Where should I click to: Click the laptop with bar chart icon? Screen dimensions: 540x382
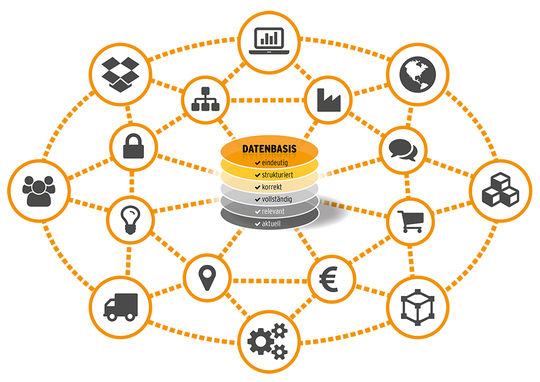pyautogui.click(x=269, y=41)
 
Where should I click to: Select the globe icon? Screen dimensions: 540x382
pyautogui.click(x=418, y=74)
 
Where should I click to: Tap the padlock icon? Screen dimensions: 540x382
pyautogui.click(x=133, y=146)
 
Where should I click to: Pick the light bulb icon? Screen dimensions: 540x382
pyautogui.click(x=130, y=220)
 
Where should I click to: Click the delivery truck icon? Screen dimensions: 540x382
pyautogui.click(x=121, y=307)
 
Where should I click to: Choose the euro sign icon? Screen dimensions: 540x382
pyautogui.click(x=329, y=279)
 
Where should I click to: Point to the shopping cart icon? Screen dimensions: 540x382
pyautogui.click(x=410, y=222)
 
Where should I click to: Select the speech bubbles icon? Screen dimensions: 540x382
pyautogui.click(x=403, y=150)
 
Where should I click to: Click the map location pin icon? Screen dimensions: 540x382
pyautogui.click(x=207, y=278)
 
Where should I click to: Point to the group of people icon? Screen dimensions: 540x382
pyautogui.click(x=39, y=191)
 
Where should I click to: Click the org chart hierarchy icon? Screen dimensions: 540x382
pyautogui.click(x=206, y=99)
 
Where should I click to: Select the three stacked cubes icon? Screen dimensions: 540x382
pyautogui.click(x=500, y=189)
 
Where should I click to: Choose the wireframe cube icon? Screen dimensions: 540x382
pyautogui.click(x=418, y=307)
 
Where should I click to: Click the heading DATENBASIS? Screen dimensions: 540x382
pyautogui.click(x=269, y=149)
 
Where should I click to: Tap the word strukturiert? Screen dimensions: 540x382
pyautogui.click(x=277, y=175)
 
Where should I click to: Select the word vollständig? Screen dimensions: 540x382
pyautogui.click(x=276, y=199)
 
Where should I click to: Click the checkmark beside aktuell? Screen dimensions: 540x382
pyautogui.click(x=257, y=224)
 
